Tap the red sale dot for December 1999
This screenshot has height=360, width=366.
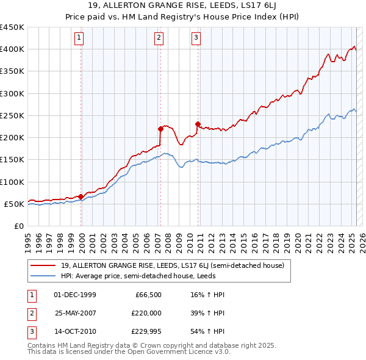81,196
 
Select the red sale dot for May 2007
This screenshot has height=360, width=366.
160,129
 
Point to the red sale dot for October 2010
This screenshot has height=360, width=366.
198,124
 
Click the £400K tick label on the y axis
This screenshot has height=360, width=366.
12,49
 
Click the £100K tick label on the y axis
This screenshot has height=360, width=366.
12,182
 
